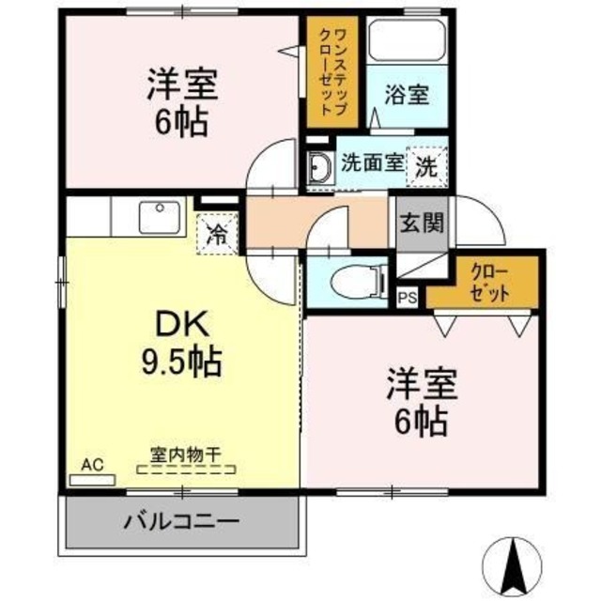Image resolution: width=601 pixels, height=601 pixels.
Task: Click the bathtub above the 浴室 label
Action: [x=406, y=39]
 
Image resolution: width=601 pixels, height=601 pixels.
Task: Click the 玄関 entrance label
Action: [x=415, y=224]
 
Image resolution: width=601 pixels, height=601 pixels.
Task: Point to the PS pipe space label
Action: [x=406, y=299]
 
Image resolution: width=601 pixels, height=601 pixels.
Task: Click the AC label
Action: [x=91, y=464]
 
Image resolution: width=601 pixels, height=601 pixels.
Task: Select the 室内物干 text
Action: [x=185, y=455]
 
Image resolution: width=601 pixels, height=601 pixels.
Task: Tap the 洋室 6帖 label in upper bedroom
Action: [x=181, y=104]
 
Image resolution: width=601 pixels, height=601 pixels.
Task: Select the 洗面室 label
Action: [x=372, y=162]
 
